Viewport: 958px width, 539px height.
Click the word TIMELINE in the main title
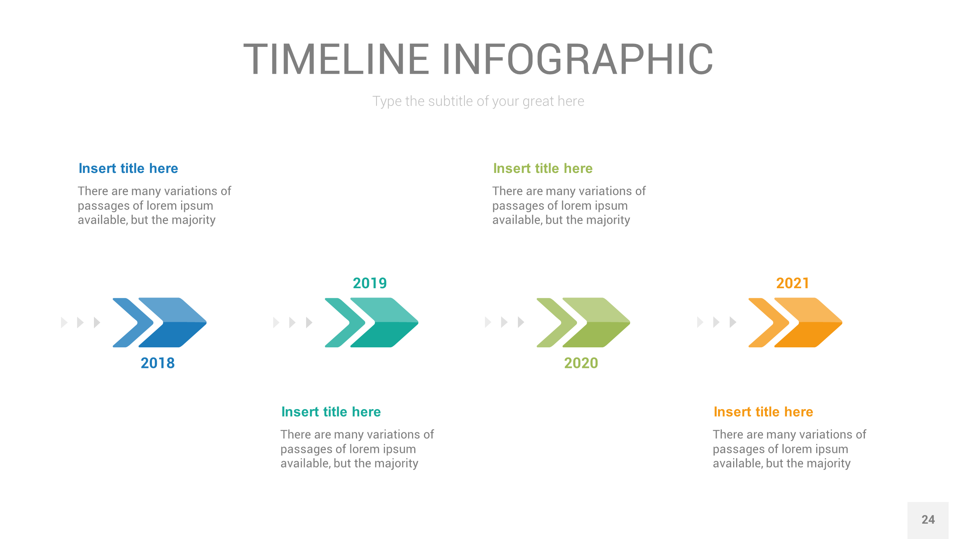click(x=336, y=59)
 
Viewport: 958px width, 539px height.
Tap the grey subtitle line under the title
click(x=478, y=101)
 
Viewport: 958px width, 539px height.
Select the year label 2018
click(x=158, y=363)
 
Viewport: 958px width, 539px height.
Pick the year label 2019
click(x=370, y=283)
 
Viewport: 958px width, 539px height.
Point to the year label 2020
click(x=581, y=363)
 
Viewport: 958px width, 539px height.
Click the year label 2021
click(x=793, y=283)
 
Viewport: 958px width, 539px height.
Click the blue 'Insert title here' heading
click(x=128, y=168)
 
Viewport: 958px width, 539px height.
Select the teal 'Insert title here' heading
click(x=331, y=412)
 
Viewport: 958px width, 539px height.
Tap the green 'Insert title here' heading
click(x=543, y=168)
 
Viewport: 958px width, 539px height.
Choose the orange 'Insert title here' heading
click(x=763, y=412)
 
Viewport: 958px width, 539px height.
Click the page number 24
click(x=928, y=520)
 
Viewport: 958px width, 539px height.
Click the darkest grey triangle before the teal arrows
click(x=309, y=322)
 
